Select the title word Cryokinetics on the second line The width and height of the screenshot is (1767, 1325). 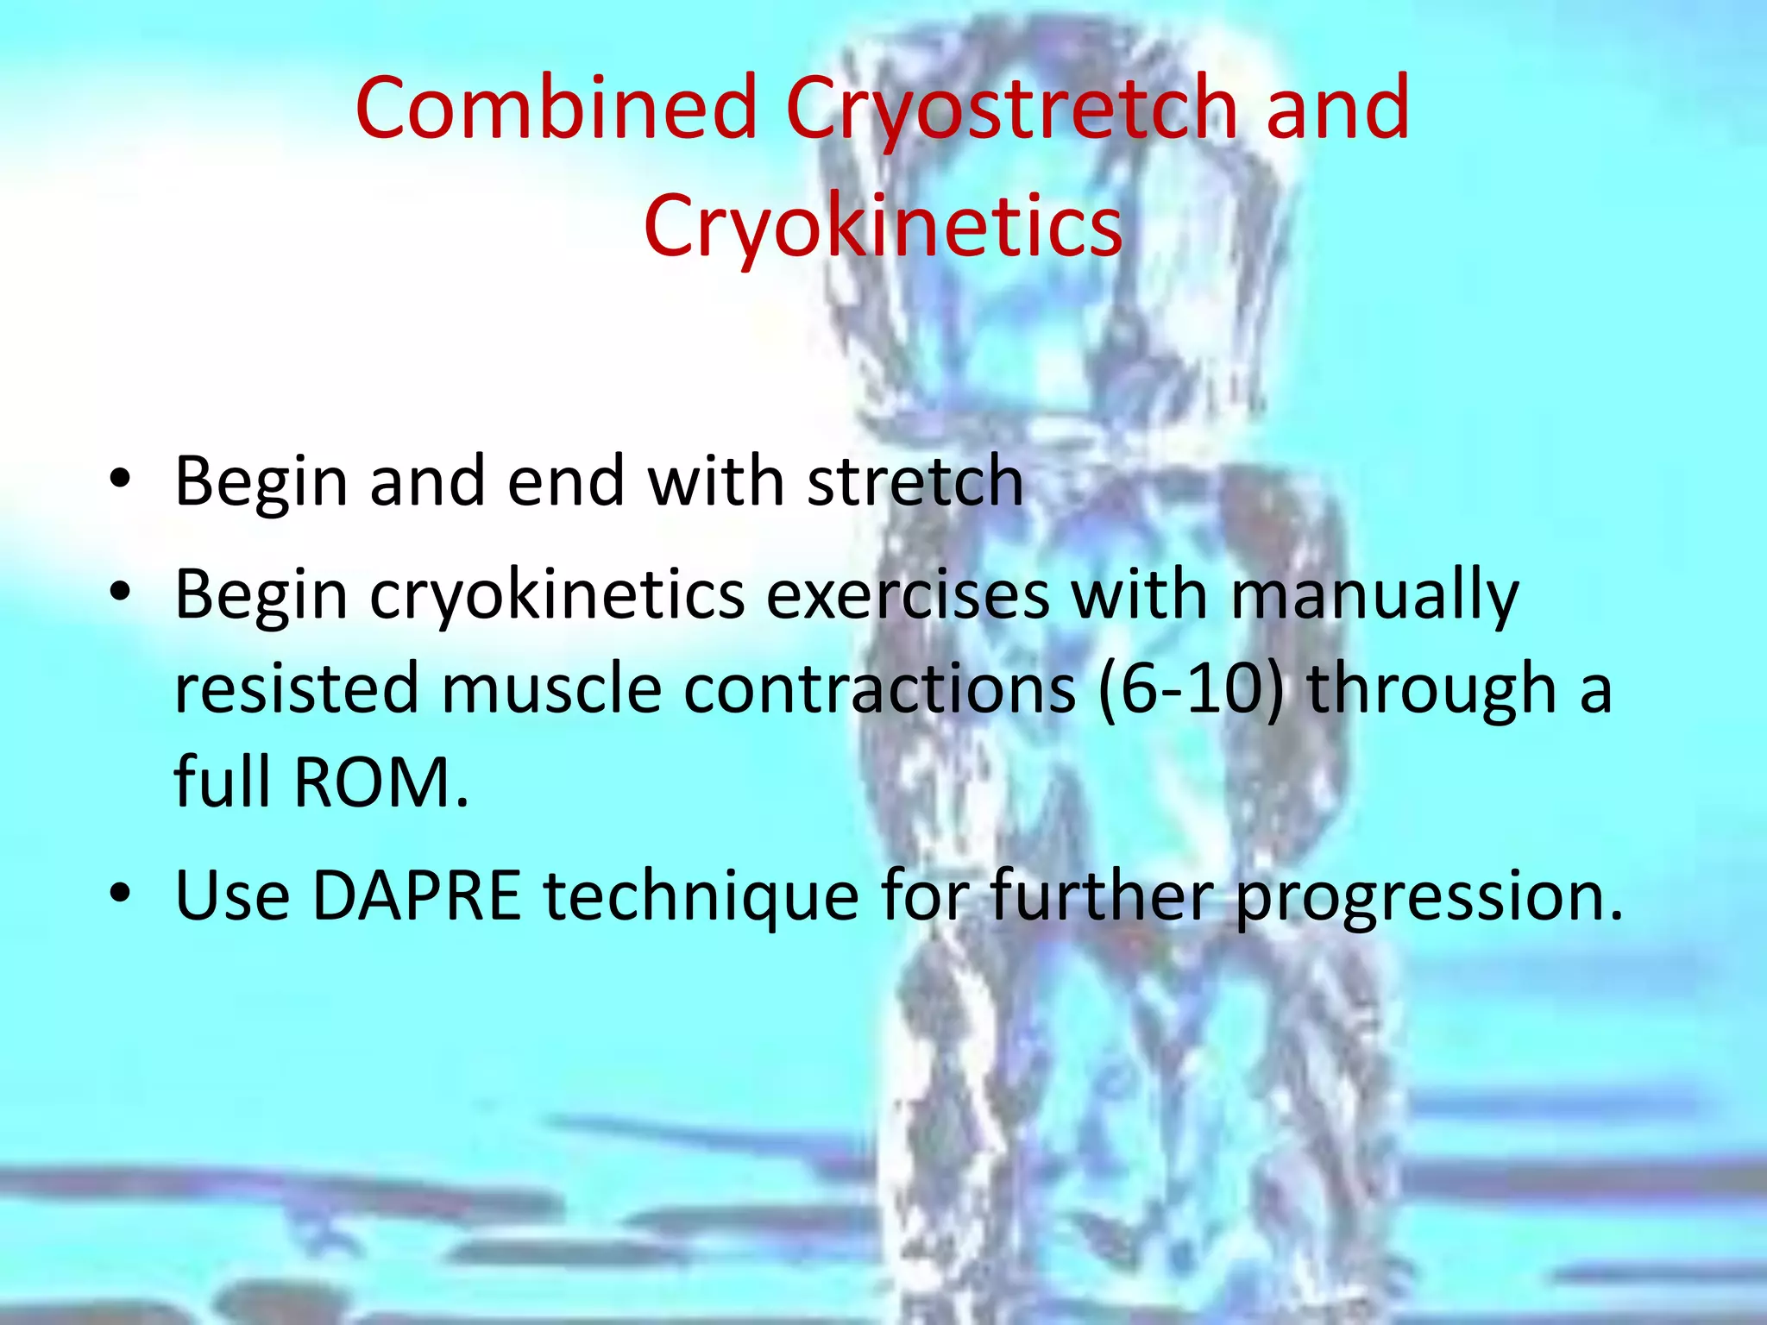tap(883, 226)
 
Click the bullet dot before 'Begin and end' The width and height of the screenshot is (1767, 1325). tap(121, 480)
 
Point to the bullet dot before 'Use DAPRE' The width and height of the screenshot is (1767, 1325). tap(121, 895)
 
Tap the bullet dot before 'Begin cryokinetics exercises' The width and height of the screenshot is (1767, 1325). tap(121, 593)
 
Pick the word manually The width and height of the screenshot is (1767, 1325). tap(1374, 595)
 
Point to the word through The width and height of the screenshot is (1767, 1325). tap(1432, 690)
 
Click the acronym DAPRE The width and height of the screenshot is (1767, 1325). tap(417, 895)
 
